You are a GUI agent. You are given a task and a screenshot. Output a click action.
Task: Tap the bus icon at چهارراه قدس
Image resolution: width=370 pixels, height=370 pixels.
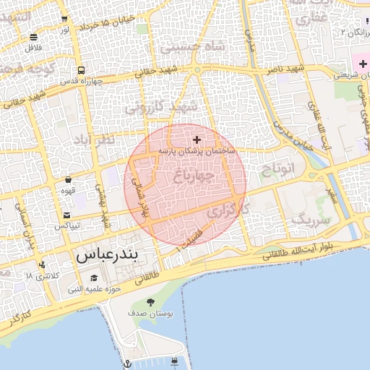coord(80,71)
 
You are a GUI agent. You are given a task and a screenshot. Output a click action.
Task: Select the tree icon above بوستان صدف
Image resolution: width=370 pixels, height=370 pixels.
coord(150,302)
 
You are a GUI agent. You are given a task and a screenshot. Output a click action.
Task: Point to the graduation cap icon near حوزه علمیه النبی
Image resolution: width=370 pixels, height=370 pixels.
coord(93,278)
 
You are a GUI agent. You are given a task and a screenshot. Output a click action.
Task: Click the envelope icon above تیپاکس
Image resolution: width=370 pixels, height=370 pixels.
coord(67,215)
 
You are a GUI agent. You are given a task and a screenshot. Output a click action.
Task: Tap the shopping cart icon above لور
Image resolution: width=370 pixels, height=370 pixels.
coord(65,20)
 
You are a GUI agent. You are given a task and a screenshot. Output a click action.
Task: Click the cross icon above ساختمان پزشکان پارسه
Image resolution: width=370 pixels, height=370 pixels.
coord(197,139)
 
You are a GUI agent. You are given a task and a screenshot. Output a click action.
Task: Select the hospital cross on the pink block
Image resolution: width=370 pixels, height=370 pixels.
coord(363,65)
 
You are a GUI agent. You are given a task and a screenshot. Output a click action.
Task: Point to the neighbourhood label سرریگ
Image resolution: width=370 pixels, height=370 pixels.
coord(311,219)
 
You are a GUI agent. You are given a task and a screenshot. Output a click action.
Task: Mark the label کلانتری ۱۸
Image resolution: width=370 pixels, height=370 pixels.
coord(39,276)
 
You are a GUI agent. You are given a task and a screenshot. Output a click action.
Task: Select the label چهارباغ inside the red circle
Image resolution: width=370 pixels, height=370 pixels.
coord(194,174)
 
